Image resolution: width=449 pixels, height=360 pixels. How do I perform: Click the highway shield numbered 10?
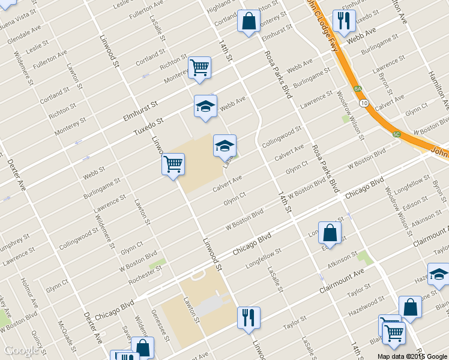[x=364, y=103]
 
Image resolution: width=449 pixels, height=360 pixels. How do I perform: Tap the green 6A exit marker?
[x=358, y=89]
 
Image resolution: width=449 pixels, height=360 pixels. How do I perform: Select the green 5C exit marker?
[x=397, y=134]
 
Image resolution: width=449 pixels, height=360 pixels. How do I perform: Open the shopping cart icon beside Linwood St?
[x=173, y=163]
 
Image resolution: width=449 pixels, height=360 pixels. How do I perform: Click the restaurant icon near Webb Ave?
[x=344, y=20]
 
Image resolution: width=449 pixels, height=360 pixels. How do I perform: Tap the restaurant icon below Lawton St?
[x=249, y=317]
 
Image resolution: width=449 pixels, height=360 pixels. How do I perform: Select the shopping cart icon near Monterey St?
[x=199, y=67]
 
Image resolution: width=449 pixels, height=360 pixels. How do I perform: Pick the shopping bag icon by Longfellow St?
[x=330, y=232]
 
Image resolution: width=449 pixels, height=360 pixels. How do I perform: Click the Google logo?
[x=21, y=350]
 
